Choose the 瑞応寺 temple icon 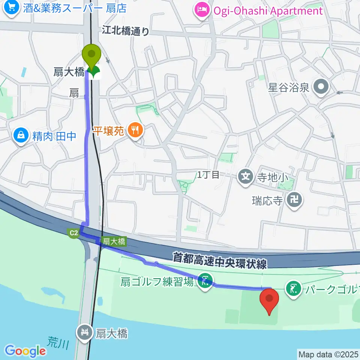[294, 200]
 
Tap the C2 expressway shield [73, 233]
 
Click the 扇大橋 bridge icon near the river [85, 332]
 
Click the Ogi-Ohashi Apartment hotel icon [202, 10]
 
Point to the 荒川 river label [57, 342]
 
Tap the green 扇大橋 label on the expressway [114, 242]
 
